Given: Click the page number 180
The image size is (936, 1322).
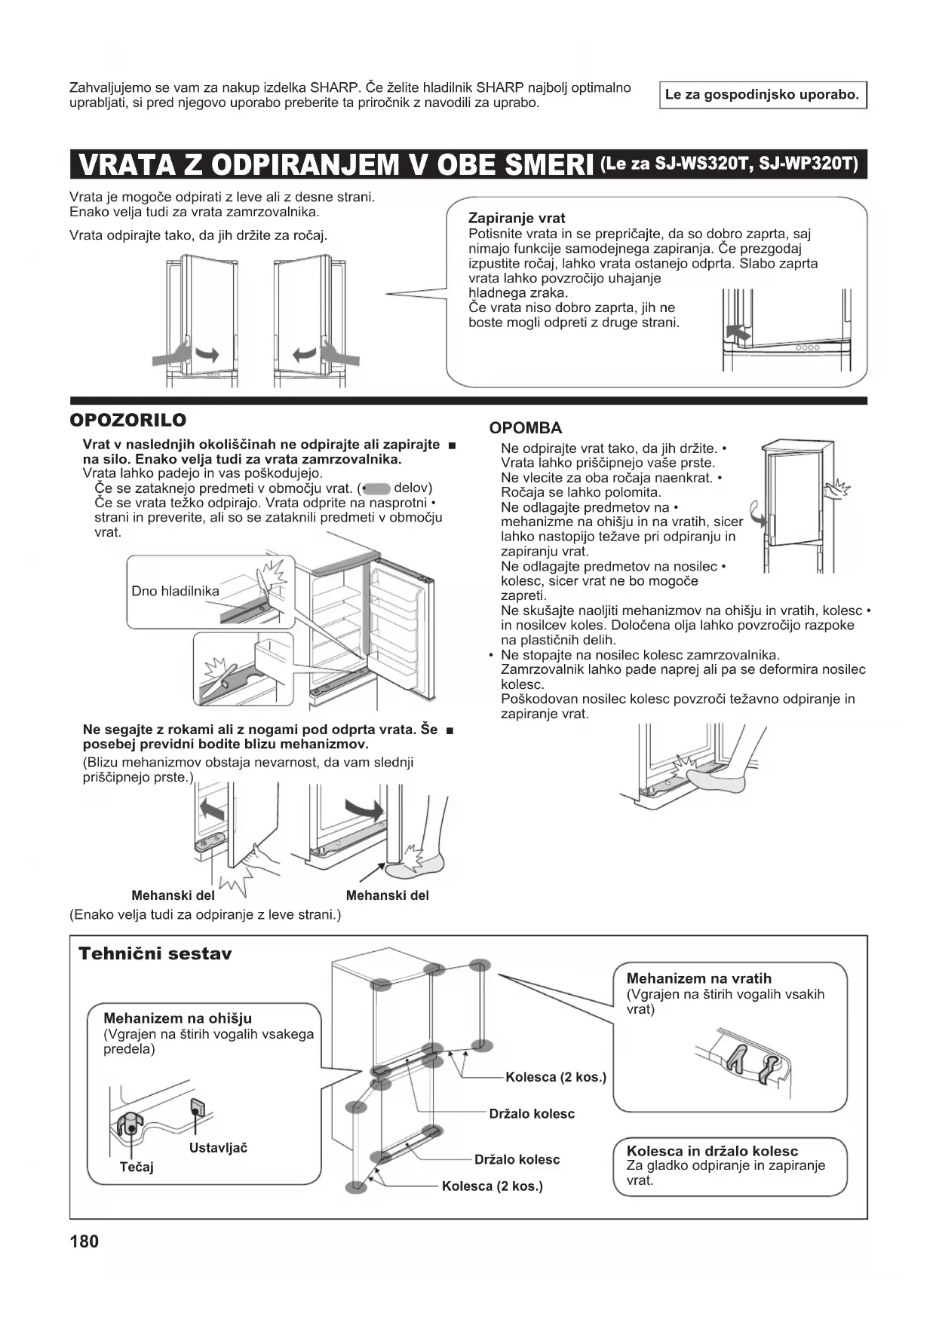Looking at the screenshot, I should pyautogui.click(x=84, y=1241).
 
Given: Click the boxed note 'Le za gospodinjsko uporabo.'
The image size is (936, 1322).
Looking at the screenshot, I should pyautogui.click(x=762, y=95).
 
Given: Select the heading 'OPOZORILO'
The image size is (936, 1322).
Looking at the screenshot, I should pyautogui.click(x=127, y=420).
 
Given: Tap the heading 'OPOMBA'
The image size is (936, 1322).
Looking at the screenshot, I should pyautogui.click(x=525, y=428).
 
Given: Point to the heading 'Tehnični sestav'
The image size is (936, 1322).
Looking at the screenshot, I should pyautogui.click(x=155, y=953).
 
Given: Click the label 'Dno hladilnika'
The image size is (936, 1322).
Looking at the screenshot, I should pyautogui.click(x=175, y=591).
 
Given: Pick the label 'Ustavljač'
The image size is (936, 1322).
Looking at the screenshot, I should pyautogui.click(x=218, y=1147).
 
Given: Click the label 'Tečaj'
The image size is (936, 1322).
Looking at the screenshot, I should pyautogui.click(x=137, y=1167).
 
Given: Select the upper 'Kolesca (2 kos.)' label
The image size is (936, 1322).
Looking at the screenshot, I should pyautogui.click(x=556, y=1076).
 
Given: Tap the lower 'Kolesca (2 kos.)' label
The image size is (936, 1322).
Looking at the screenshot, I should pyautogui.click(x=492, y=1186).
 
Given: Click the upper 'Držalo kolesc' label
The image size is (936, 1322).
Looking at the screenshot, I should pyautogui.click(x=532, y=1113).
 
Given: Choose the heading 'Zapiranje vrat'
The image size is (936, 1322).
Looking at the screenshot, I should pyautogui.click(x=517, y=219).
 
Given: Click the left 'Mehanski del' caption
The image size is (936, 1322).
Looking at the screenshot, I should pyautogui.click(x=173, y=895).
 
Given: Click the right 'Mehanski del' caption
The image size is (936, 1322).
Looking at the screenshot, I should pyautogui.click(x=387, y=895).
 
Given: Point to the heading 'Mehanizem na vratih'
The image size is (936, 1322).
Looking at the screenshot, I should pyautogui.click(x=698, y=978).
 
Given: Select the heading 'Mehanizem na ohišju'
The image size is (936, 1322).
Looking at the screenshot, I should pyautogui.click(x=177, y=1018).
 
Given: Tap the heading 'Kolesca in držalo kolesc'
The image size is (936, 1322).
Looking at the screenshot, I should pyautogui.click(x=712, y=1151).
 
